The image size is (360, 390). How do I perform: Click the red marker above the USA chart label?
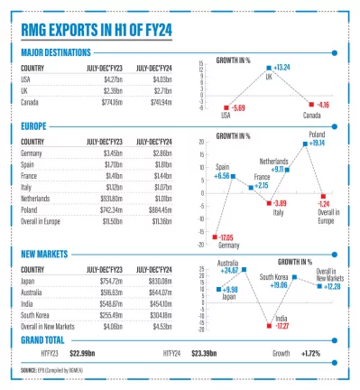coord(226,106)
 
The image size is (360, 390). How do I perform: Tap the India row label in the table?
coord(28,304)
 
